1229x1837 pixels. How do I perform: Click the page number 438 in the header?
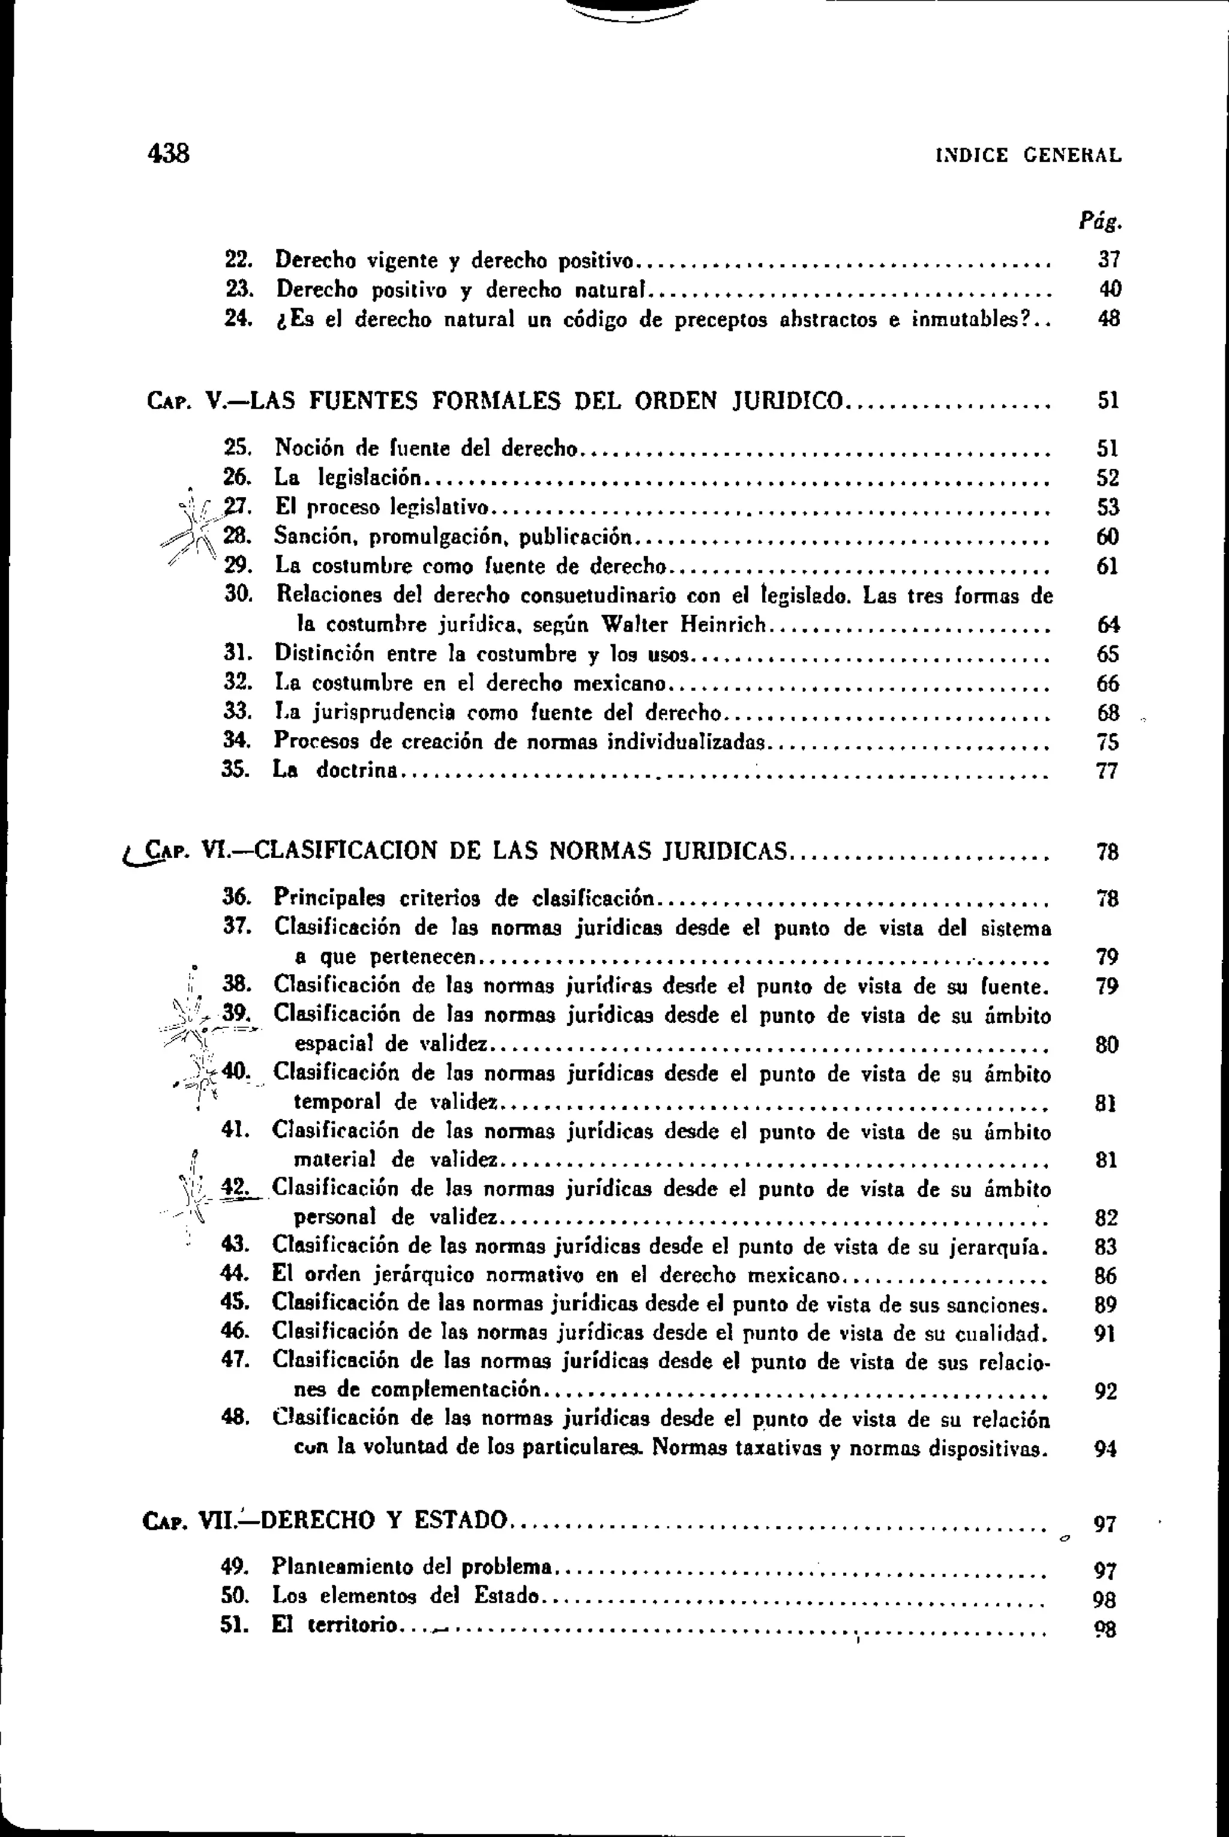[x=169, y=153]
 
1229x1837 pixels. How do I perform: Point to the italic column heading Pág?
[x=1101, y=223]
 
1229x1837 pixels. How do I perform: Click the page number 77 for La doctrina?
[x=1107, y=771]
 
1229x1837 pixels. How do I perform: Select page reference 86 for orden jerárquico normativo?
[x=1105, y=1276]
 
